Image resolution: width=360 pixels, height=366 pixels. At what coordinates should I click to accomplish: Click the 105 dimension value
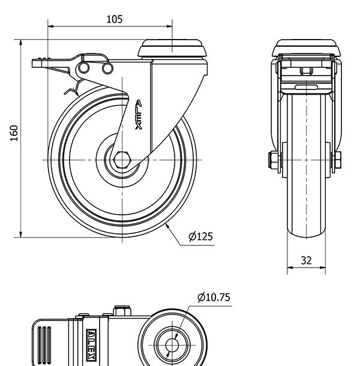[x=115, y=19]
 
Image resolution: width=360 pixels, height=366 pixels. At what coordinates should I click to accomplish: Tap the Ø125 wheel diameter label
[x=200, y=236]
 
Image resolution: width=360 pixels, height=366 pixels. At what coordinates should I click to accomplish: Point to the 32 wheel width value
[x=306, y=260]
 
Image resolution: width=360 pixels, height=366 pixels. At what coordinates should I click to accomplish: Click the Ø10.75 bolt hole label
[x=214, y=297]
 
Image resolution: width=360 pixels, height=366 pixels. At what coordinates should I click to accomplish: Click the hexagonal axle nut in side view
[x=122, y=160]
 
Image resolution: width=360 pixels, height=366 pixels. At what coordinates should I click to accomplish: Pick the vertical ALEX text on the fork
[x=139, y=115]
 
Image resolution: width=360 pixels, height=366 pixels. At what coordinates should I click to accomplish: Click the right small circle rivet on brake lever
[x=107, y=68]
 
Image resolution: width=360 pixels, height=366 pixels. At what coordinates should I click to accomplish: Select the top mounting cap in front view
[x=306, y=47]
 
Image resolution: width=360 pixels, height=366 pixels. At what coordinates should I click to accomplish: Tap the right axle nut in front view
[x=337, y=160]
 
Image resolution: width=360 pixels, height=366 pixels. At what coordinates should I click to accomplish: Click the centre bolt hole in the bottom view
[x=172, y=345]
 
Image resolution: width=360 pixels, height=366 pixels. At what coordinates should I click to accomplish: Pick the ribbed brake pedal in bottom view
[x=44, y=345]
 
